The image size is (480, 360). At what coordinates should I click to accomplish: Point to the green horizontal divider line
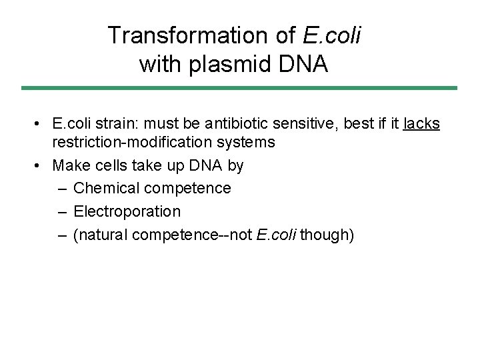pos(239,87)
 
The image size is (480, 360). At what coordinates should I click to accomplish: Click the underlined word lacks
pos(421,123)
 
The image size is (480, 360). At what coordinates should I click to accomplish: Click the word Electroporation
pos(127,211)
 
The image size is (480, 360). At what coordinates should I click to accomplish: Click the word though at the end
pos(327,235)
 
